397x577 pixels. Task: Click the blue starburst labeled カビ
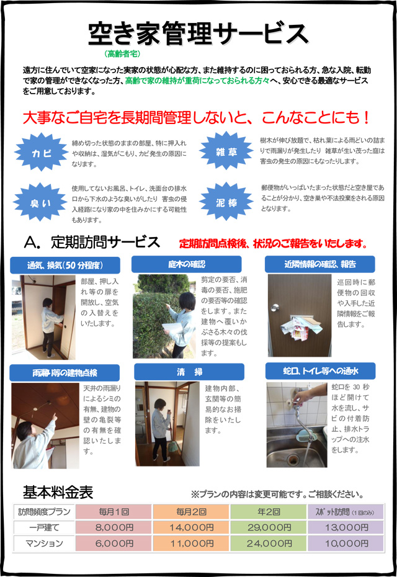click(40, 153)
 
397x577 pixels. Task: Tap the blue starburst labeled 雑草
click(226, 151)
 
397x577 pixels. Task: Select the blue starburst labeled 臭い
click(40, 202)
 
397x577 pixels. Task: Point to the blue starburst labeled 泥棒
click(226, 201)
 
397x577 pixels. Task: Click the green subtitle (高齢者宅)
click(122, 54)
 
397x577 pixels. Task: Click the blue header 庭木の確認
click(187, 264)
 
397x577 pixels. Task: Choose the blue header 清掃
click(189, 372)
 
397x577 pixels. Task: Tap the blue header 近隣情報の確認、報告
click(319, 264)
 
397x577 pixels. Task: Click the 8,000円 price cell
click(114, 527)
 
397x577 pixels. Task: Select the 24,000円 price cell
click(269, 543)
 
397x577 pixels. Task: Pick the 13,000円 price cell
click(346, 527)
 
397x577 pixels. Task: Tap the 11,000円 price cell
click(191, 543)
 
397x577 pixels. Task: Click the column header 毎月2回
click(191, 511)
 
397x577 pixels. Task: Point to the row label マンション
click(44, 543)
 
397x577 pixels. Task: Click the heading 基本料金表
click(58, 492)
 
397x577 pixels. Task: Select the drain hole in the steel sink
click(293, 458)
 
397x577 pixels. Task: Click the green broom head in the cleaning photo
click(172, 447)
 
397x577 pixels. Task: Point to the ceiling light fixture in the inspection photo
click(35, 409)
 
